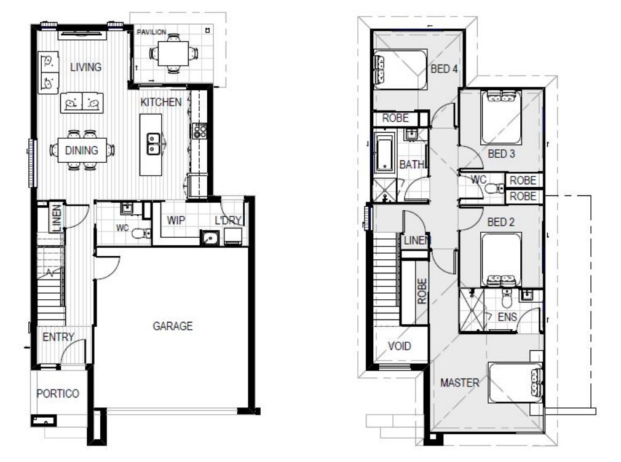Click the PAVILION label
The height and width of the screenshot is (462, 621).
point(151,31)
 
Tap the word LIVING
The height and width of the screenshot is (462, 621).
point(85,67)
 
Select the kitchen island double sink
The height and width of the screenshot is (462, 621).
point(152,144)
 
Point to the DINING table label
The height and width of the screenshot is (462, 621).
point(82,151)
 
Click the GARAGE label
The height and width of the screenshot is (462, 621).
point(173,326)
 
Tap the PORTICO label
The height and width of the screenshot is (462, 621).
point(58,394)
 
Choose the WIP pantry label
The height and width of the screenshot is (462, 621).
point(176,221)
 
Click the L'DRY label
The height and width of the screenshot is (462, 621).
point(227,221)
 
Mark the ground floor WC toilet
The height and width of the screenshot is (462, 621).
point(141,233)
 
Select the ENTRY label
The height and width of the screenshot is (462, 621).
point(58,337)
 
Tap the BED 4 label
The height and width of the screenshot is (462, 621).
point(444,69)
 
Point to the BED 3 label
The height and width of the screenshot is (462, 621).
point(501,154)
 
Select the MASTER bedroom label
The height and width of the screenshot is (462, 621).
point(459,383)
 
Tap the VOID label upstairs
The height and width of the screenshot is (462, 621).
point(399,346)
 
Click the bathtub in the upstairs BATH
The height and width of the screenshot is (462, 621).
point(384,154)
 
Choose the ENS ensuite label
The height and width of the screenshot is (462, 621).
point(508,317)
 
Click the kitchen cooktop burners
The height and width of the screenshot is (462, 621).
point(200,130)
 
